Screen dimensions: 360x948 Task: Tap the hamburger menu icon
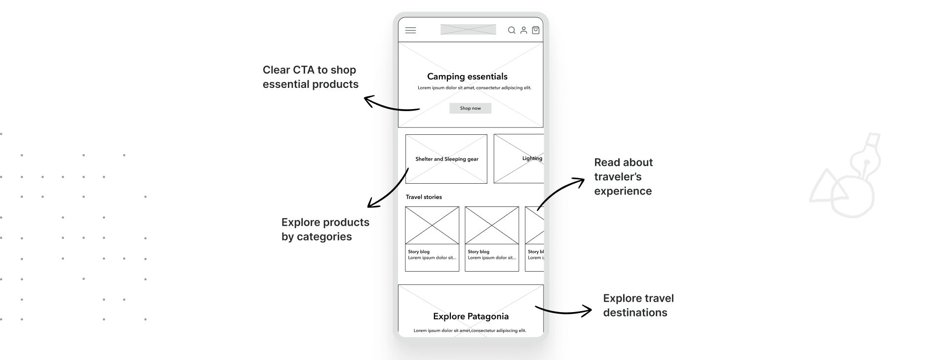410,30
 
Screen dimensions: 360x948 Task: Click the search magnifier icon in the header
512,30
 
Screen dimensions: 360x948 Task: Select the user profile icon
524,30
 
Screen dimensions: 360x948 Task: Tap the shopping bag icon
536,30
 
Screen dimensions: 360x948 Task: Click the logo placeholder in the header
468,30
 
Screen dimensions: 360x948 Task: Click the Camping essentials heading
467,77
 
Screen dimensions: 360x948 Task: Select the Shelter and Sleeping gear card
446,159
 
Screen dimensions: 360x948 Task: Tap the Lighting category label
532,159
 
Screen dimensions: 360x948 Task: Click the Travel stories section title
424,197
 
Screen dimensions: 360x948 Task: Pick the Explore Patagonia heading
471,317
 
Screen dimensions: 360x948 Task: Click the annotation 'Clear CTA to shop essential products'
311,77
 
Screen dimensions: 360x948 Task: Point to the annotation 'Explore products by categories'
325,229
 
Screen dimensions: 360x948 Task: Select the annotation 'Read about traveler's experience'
623,177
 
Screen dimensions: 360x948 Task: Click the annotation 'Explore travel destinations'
638,305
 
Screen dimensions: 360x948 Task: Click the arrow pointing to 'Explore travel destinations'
563,311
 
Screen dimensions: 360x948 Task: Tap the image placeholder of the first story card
432,225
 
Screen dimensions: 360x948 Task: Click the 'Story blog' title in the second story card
478,252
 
